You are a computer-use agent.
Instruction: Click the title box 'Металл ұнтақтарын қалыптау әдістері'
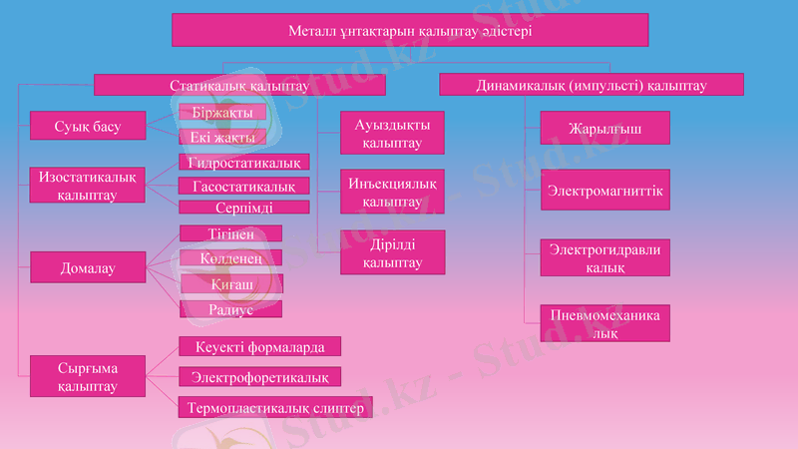[410, 30]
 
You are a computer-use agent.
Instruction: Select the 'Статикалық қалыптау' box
[239, 86]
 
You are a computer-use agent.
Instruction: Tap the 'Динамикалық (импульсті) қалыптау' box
[591, 86]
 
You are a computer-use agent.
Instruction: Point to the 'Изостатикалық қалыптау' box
[88, 185]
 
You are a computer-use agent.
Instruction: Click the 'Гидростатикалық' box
[244, 162]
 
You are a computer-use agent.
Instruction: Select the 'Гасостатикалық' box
[244, 187]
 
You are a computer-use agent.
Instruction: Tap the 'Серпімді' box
[244, 208]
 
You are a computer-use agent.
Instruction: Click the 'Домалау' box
[88, 267]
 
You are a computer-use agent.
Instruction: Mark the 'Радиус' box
[230, 309]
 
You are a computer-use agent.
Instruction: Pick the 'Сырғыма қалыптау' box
[88, 377]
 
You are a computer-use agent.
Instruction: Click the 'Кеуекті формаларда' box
[259, 346]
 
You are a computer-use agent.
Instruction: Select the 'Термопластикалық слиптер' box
[275, 408]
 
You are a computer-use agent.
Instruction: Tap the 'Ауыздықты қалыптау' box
[392, 134]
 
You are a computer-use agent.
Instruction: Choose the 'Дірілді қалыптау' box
[392, 253]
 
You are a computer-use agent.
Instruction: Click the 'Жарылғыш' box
[604, 130]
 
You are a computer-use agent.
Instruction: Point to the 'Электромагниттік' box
[604, 191]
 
